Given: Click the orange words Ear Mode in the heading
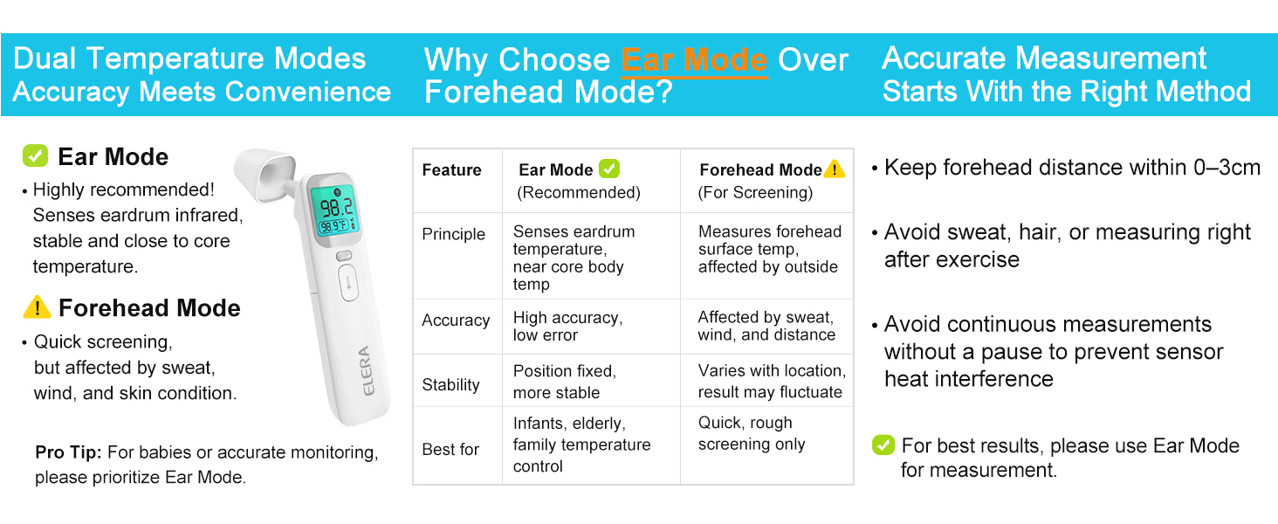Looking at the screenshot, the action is [x=694, y=60].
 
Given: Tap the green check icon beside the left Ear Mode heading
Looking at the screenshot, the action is [x=36, y=155].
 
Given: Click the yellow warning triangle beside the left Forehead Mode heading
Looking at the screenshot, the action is [x=37, y=307].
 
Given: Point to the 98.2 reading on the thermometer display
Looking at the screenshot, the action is [x=337, y=207].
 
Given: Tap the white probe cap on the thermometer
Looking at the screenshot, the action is [x=265, y=174].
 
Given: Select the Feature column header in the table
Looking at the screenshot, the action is [x=451, y=170].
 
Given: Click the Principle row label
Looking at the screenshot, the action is [x=454, y=234].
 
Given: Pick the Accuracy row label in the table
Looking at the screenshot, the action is [x=456, y=321].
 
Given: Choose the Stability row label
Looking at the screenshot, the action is [x=450, y=385].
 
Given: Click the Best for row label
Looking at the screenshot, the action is [x=450, y=449].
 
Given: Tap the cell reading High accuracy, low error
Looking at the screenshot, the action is [x=567, y=326].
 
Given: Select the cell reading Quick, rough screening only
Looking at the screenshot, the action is [x=752, y=433].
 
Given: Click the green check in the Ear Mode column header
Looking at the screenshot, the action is [x=609, y=169].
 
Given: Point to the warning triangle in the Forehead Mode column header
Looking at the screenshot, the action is [x=835, y=169].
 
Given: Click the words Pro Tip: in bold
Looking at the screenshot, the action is [x=68, y=452].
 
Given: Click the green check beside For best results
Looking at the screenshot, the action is [x=883, y=445].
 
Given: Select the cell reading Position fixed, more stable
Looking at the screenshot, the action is [x=564, y=382].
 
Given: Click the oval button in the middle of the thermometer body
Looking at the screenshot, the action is [x=348, y=283].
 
